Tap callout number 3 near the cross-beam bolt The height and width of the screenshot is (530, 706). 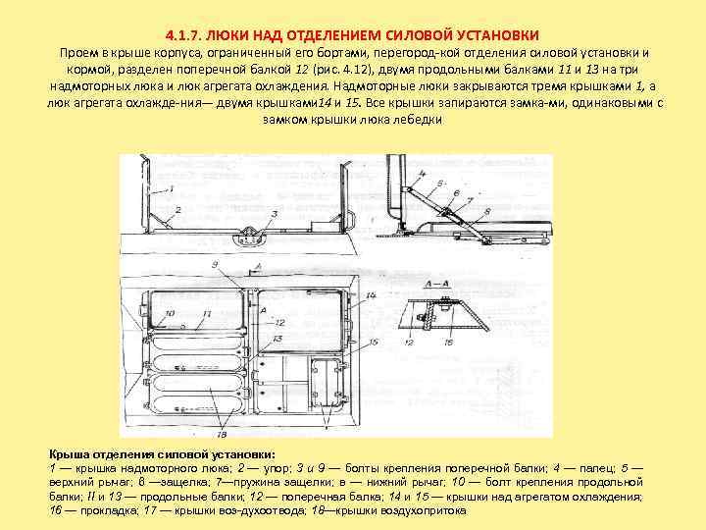[x=274, y=213]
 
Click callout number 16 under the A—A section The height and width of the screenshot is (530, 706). [x=447, y=342]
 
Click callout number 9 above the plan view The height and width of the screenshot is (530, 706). [x=215, y=266]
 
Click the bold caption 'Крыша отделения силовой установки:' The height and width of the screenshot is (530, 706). [x=163, y=454]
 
